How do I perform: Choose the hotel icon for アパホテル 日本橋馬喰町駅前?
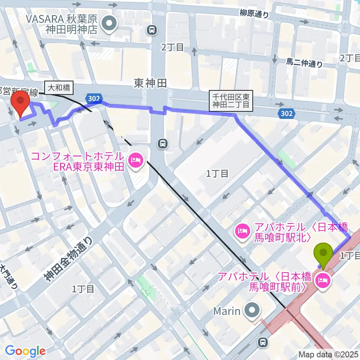[x=323, y=279]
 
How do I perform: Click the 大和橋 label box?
[x=59, y=88]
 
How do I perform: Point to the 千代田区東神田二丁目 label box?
[x=231, y=100]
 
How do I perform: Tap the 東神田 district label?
[x=150, y=83]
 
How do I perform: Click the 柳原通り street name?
[x=255, y=14]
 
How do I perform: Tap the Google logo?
[x=25, y=351]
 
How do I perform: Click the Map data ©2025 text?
[x=328, y=354]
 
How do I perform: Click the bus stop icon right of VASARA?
[x=152, y=30]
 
